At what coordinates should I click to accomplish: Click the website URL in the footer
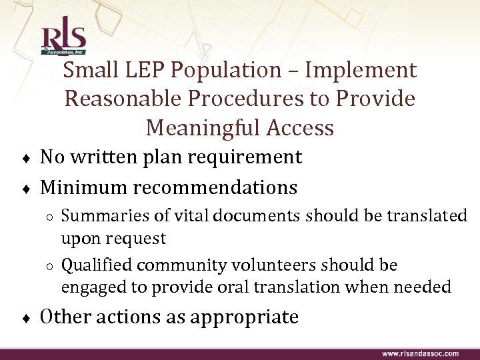coord(420,353)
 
